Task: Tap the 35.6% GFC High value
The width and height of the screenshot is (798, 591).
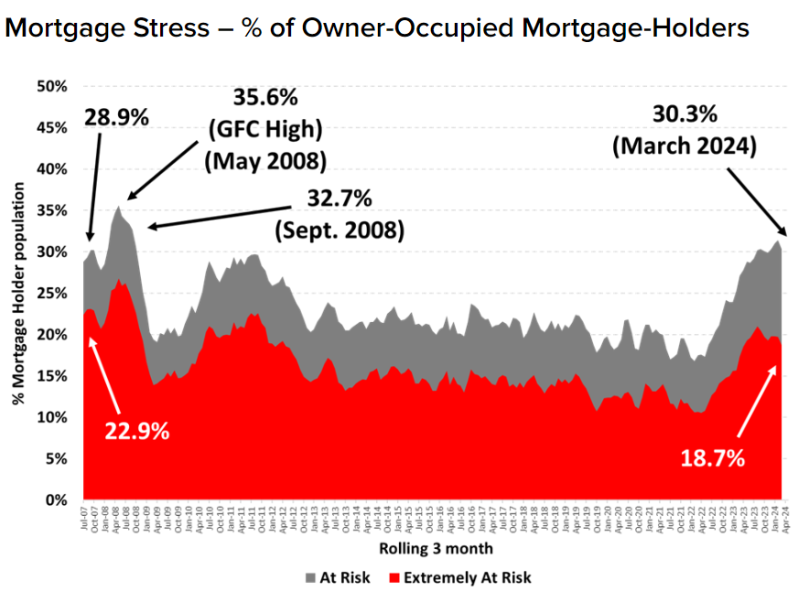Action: click(265, 97)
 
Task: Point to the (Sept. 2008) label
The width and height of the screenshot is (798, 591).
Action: click(339, 230)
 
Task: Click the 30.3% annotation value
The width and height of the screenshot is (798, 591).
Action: click(692, 114)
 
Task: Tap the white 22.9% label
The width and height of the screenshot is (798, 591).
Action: click(135, 430)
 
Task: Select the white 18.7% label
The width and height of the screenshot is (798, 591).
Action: click(712, 457)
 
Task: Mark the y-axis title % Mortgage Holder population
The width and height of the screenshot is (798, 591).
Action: click(19, 294)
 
